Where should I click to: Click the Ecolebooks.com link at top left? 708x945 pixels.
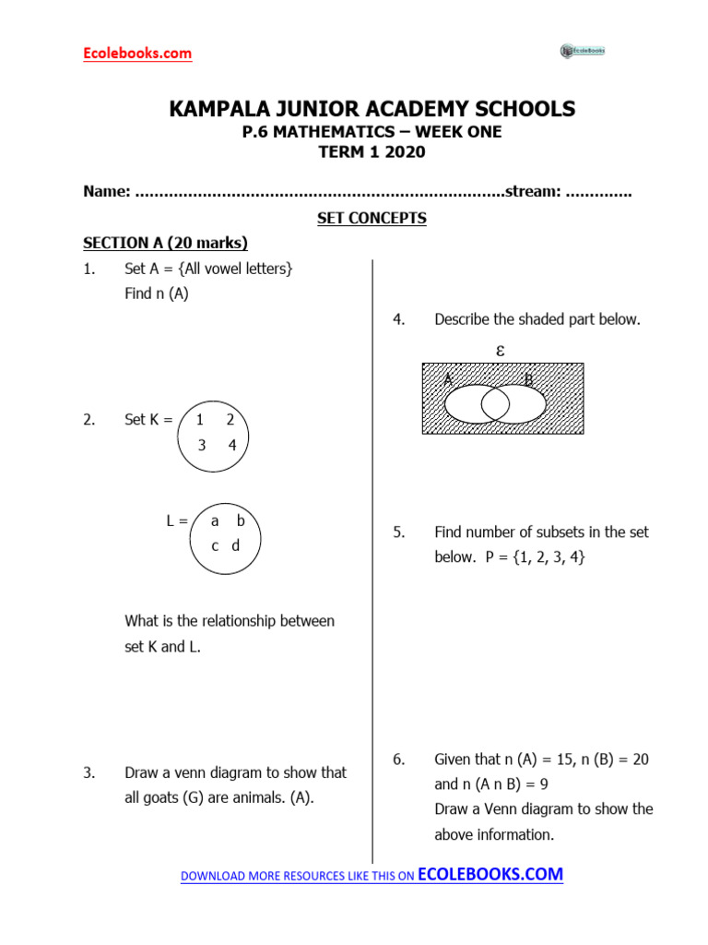137,54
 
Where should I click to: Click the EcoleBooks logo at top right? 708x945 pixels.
583,51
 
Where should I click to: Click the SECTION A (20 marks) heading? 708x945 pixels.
165,244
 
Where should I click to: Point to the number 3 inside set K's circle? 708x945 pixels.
202,445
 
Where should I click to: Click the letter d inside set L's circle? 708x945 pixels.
235,545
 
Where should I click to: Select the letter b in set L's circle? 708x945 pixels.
241,520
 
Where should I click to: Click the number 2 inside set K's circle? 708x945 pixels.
230,420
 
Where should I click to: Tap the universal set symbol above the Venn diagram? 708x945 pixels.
500,351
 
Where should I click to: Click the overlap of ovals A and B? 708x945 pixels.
495,403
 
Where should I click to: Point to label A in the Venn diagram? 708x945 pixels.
448,380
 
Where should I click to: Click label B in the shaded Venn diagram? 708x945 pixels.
528,380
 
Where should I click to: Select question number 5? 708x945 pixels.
398,532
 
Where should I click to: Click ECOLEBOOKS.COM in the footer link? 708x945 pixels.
490,875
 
